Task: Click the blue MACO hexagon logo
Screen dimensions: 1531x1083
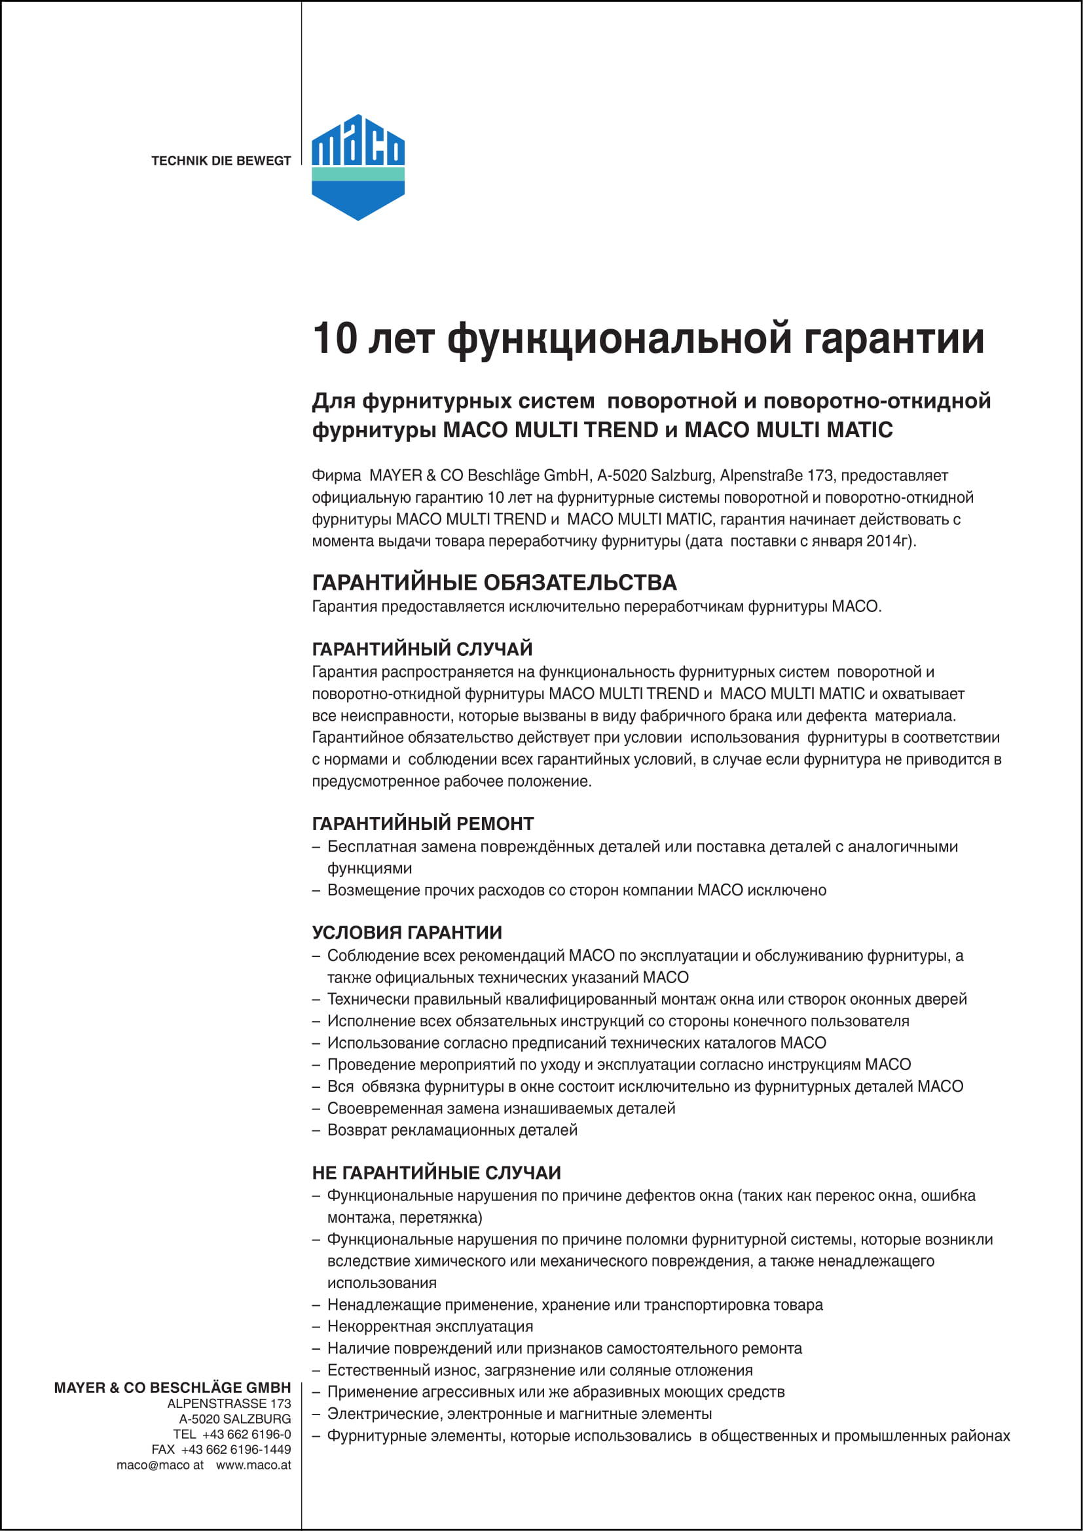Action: [358, 167]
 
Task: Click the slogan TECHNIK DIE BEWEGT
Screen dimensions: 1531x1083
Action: [221, 161]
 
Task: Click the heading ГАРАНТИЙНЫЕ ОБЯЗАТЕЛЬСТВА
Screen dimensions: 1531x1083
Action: [494, 582]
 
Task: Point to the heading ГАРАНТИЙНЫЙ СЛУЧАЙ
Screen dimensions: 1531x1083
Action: [422, 648]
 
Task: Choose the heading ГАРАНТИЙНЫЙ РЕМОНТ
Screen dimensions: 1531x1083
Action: [423, 823]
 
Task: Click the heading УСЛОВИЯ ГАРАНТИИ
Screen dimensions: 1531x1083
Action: [407, 932]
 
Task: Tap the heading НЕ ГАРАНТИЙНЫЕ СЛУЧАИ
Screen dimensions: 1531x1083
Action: [436, 1172]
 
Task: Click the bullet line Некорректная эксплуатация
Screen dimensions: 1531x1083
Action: [430, 1326]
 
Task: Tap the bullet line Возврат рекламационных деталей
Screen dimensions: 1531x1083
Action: [452, 1130]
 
